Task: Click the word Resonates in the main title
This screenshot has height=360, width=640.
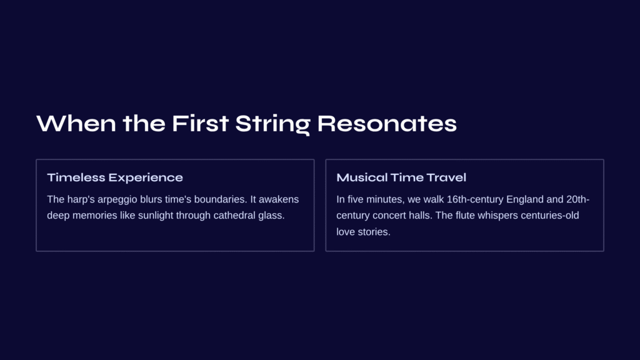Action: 387,124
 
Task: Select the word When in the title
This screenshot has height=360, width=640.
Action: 76,124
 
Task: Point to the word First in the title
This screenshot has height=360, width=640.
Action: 200,124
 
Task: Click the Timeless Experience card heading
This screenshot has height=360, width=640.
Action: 115,177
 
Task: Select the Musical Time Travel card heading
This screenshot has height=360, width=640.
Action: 401,177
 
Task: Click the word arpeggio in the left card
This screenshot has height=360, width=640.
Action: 117,199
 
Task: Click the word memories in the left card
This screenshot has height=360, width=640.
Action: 95,215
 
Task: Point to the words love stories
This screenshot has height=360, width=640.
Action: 363,231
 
